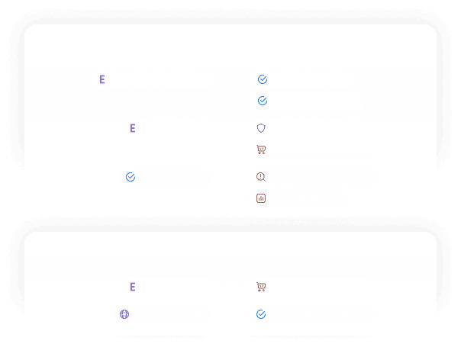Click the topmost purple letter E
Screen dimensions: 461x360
(102, 79)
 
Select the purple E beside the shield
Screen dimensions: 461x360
(133, 128)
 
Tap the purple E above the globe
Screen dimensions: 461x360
(133, 287)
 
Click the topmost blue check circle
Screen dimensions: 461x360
(263, 79)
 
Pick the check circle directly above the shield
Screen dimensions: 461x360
(263, 101)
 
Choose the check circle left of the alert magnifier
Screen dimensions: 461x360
(131, 177)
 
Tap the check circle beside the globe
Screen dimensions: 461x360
(261, 314)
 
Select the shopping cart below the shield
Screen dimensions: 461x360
(261, 149)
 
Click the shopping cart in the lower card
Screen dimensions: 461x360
(261, 287)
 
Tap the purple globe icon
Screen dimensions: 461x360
(124, 314)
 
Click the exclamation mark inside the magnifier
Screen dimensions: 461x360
(260, 176)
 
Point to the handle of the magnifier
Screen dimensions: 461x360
(264, 180)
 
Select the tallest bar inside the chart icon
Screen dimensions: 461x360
(261, 198)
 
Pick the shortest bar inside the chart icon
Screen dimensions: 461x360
(259, 200)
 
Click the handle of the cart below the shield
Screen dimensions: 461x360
(257, 146)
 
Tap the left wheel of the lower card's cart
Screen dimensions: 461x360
(259, 290)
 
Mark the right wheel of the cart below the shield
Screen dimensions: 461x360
(263, 153)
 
